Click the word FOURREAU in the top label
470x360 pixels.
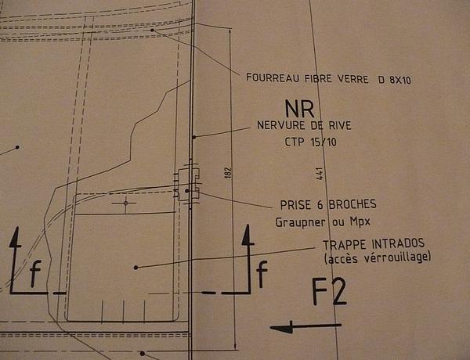point(273,78)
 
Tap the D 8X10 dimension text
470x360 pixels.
point(395,80)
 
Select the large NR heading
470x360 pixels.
point(300,109)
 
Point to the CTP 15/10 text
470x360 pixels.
point(310,142)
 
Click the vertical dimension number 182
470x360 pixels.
point(228,173)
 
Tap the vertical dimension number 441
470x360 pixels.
point(320,174)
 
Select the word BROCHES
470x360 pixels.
point(352,204)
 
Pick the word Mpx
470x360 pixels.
point(360,222)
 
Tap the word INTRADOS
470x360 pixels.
point(398,243)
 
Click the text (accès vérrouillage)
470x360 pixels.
point(378,257)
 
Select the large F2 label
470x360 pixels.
point(329,292)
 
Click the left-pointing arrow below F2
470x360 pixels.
point(305,327)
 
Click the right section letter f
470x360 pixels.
point(262,274)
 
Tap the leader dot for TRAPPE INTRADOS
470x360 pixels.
point(136,268)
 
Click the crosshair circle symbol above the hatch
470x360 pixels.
point(125,203)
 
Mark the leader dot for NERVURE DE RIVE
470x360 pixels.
point(194,137)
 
